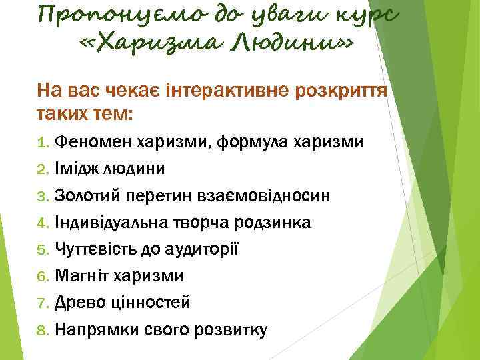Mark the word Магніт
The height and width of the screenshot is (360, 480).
[x=81, y=275]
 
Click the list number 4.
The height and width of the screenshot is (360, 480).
[x=41, y=223]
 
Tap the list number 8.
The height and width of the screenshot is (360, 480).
[x=41, y=329]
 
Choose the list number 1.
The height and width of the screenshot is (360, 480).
[x=41, y=142]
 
